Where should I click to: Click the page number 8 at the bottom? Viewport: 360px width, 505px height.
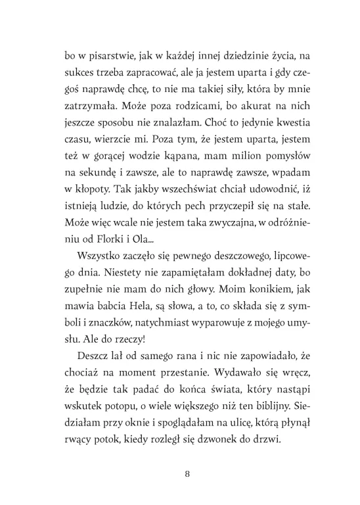click(189, 473)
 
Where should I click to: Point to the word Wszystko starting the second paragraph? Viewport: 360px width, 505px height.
click(99, 272)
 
